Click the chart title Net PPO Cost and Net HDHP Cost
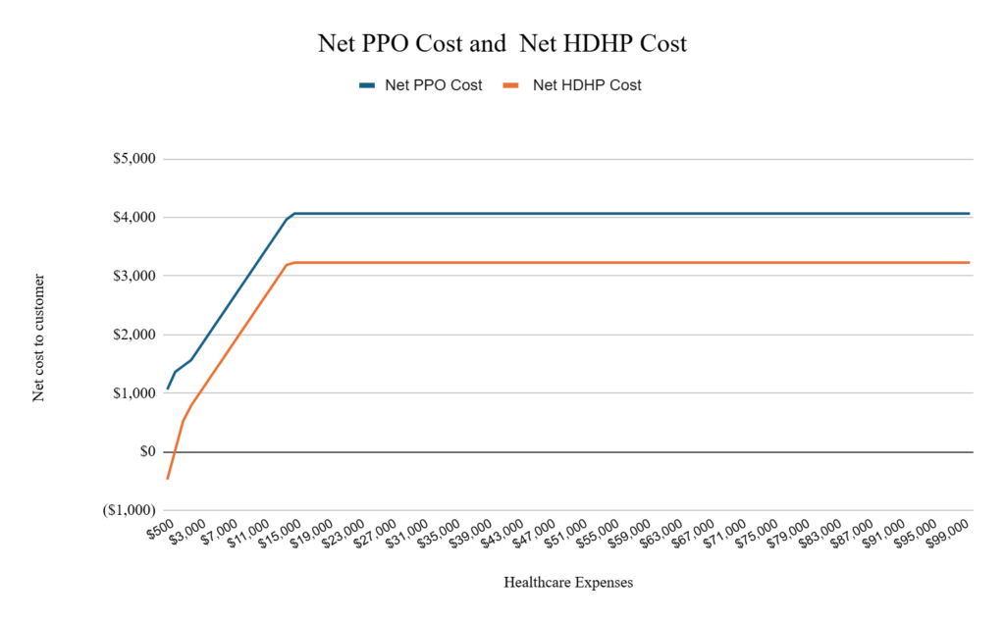pos(502,44)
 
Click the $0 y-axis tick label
pos(146,452)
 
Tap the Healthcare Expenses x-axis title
pos(568,583)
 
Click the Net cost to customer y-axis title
pos(39,338)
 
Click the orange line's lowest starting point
pos(168,479)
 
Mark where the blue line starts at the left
pos(168,389)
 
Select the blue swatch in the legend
pos(367,85)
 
